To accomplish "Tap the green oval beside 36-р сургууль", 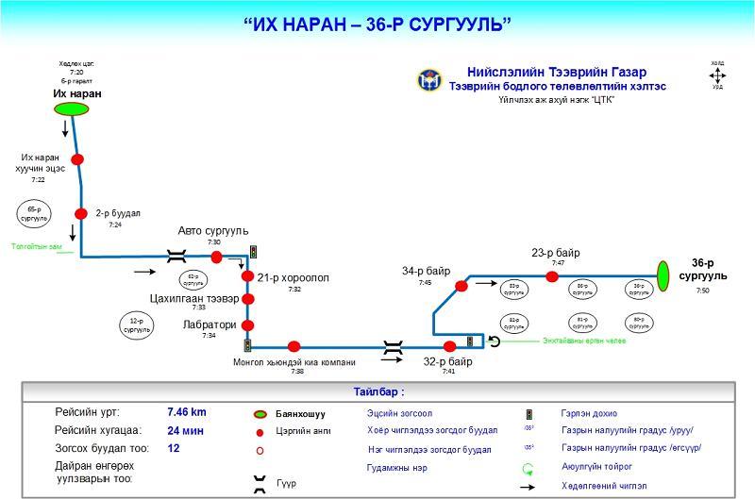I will coord(663,275).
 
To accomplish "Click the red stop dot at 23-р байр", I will coord(551,276).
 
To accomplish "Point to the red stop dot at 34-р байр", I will coord(461,286).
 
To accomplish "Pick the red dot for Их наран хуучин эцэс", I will coord(77,159).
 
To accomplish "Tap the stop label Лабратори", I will coord(209,324).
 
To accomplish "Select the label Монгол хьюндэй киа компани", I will coord(294,361).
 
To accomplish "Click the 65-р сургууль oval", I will coord(34,213).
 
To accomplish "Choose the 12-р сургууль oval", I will coord(137,326).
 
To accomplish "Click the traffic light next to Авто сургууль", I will coord(253,252).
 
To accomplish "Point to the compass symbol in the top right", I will coord(717,75).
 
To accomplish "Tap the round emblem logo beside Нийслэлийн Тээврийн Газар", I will coord(428,80).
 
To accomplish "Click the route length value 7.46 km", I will coord(187,412).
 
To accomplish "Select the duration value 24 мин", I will coord(185,430).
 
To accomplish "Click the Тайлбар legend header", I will coord(378,391).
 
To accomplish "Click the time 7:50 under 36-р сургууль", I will coord(702,291).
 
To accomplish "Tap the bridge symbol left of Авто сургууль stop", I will coord(175,255).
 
